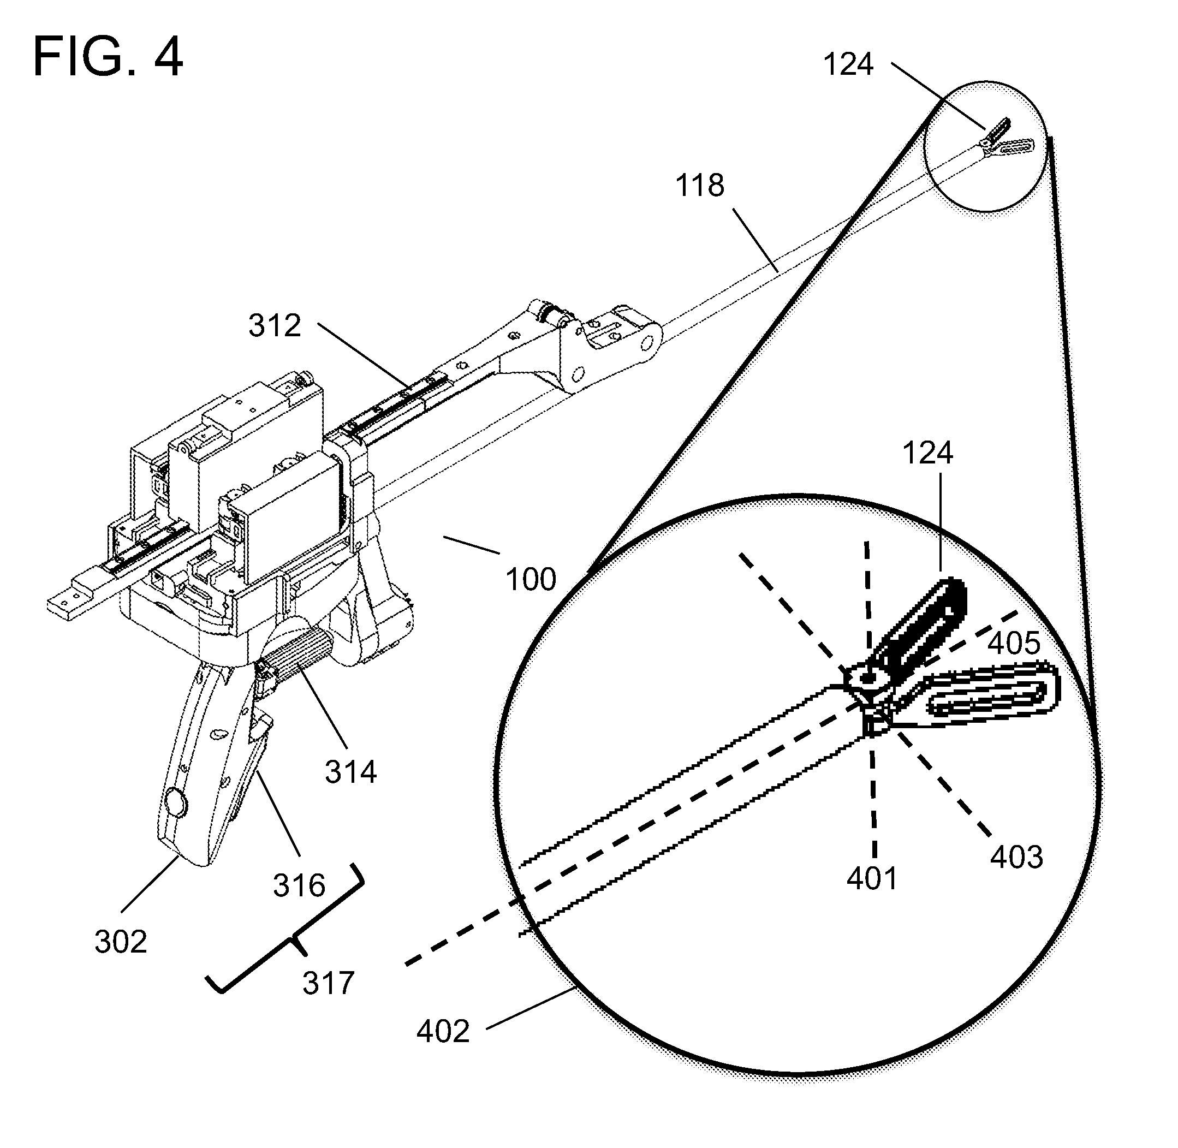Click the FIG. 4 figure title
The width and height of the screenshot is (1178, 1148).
(x=108, y=57)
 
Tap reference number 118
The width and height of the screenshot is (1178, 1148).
(x=699, y=185)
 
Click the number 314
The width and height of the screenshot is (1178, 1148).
(x=350, y=772)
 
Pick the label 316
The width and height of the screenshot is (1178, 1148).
(x=299, y=886)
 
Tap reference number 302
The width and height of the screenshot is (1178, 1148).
(x=121, y=942)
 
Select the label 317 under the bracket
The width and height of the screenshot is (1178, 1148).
(x=328, y=983)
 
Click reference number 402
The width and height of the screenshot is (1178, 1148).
(x=443, y=1032)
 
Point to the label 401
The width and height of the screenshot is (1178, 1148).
(x=872, y=878)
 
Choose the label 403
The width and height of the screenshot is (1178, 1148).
(x=1016, y=857)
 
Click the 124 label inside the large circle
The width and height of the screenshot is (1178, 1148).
(x=927, y=453)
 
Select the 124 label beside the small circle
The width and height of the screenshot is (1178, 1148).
(x=848, y=64)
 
